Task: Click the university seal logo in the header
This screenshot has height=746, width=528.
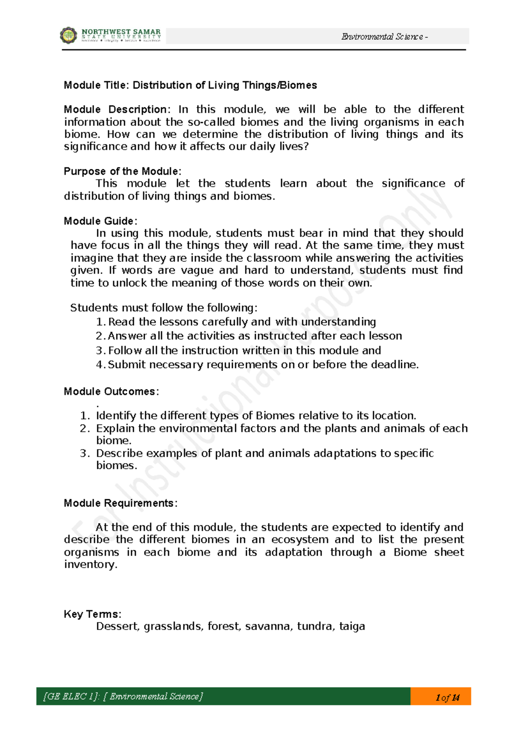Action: pyautogui.click(x=68, y=35)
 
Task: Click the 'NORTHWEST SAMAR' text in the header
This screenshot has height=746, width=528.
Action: pyautogui.click(x=121, y=32)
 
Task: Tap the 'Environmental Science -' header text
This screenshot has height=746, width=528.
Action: pyautogui.click(x=385, y=37)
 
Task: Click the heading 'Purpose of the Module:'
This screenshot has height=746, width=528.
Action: pyautogui.click(x=122, y=172)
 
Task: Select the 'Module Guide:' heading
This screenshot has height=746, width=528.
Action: pyautogui.click(x=100, y=221)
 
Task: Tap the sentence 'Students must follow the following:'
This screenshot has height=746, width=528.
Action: pyautogui.click(x=164, y=308)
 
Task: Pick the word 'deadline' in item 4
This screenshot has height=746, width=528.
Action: pyautogui.click(x=393, y=365)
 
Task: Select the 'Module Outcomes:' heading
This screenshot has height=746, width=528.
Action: pyautogui.click(x=111, y=391)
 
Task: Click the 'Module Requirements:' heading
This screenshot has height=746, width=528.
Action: pyautogui.click(x=121, y=503)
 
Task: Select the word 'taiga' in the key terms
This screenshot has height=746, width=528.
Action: pyautogui.click(x=352, y=626)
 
